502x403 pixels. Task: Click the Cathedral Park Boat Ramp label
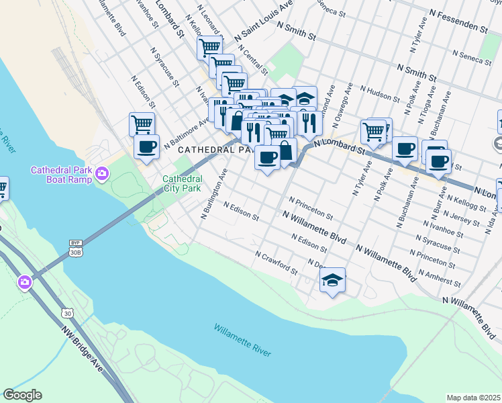[x=60, y=175]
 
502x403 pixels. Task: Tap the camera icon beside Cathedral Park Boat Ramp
[x=102, y=174]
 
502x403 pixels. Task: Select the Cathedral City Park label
[x=182, y=184]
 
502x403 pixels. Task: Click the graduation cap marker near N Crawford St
[x=332, y=280]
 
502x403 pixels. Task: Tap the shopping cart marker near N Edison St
[x=142, y=124]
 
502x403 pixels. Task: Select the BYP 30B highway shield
[x=75, y=248]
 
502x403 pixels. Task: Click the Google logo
[x=22, y=395]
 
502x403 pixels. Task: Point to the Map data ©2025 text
[x=473, y=398]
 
